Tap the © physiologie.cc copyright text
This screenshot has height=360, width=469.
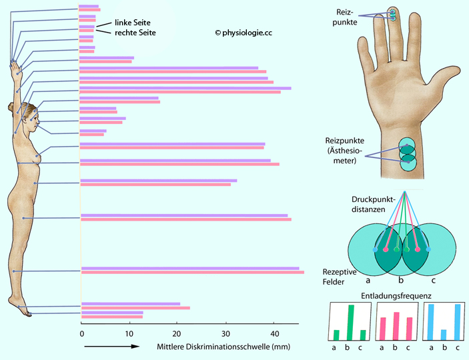point(243,32)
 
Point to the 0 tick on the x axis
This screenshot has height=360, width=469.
point(81,333)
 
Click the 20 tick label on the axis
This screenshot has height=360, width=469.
point(176,333)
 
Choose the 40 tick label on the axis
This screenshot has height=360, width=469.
point(272,333)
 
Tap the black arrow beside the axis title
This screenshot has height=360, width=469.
point(111,347)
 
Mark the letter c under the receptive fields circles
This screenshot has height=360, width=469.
point(434,281)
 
